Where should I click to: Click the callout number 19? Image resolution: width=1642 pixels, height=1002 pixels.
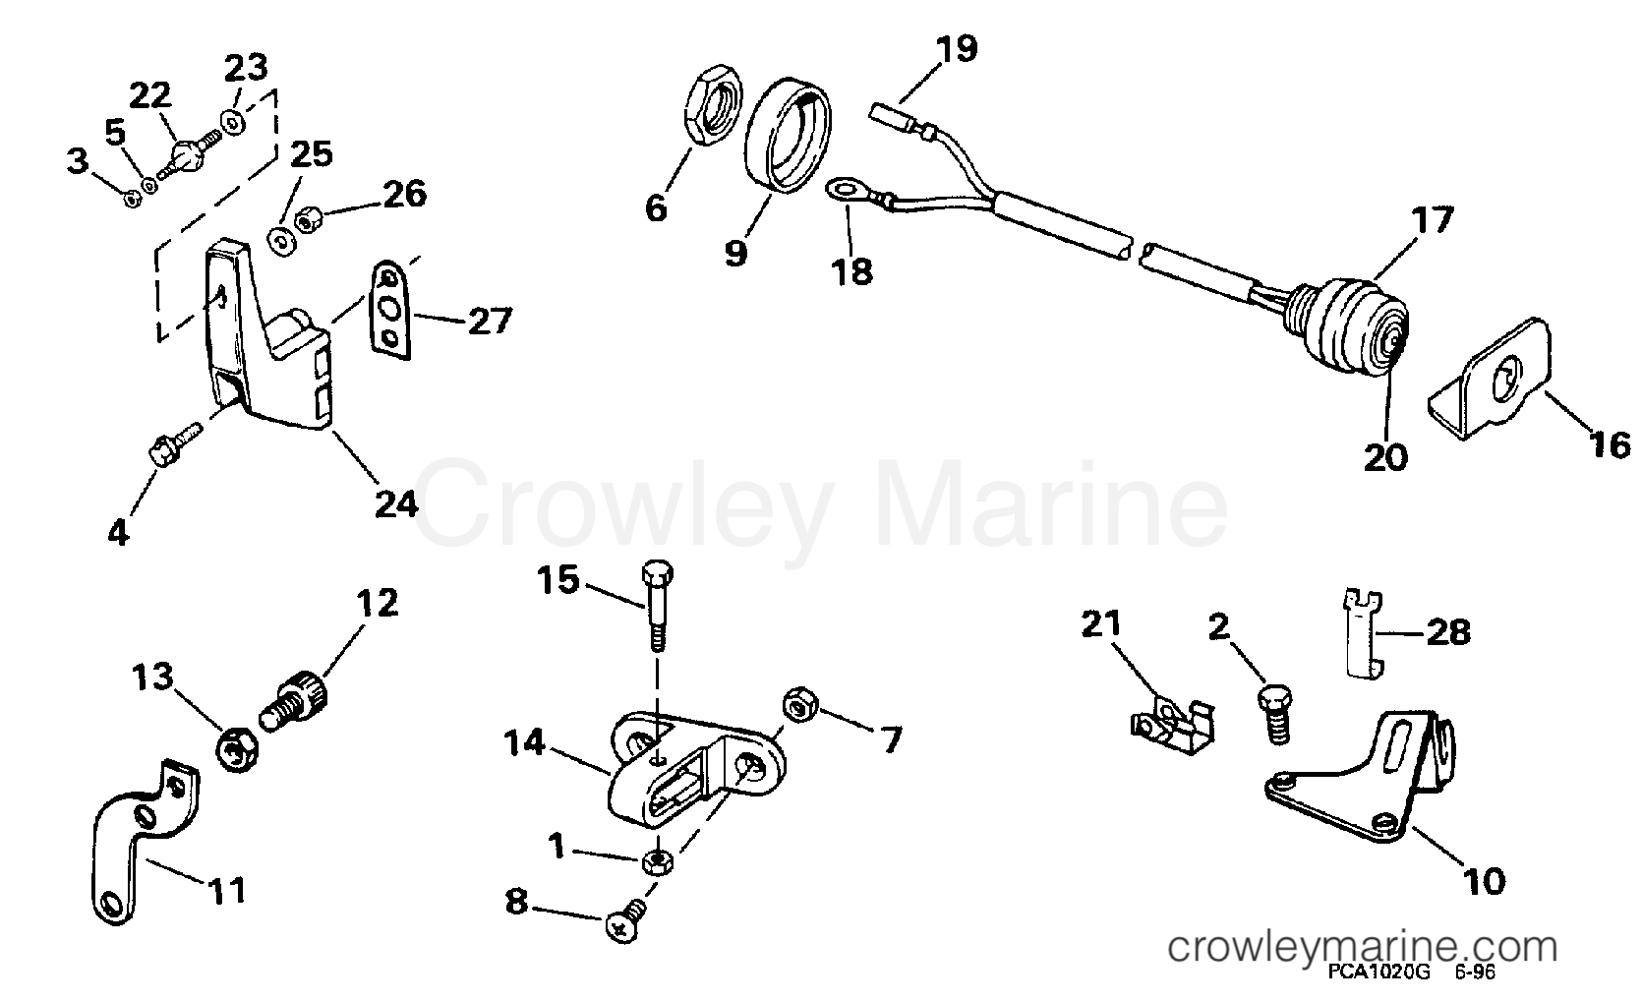[957, 48]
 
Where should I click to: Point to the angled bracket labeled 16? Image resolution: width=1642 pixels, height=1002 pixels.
[1491, 379]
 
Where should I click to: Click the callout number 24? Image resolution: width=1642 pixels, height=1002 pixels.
[396, 503]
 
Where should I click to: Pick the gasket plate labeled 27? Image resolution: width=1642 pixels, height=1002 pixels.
[390, 310]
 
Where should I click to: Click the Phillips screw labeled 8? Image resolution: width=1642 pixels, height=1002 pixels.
[623, 922]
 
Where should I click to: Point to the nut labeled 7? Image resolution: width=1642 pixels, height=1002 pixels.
[799, 704]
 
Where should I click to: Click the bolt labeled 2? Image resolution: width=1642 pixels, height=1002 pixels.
[1275, 716]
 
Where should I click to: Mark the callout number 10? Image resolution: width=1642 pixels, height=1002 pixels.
[1483, 880]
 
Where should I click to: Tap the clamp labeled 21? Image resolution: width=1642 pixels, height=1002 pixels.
[1171, 727]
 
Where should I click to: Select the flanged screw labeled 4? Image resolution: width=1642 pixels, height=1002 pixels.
[175, 442]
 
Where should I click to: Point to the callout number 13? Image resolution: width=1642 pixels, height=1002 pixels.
[152, 676]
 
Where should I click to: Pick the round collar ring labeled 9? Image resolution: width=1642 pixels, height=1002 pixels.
[788, 136]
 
